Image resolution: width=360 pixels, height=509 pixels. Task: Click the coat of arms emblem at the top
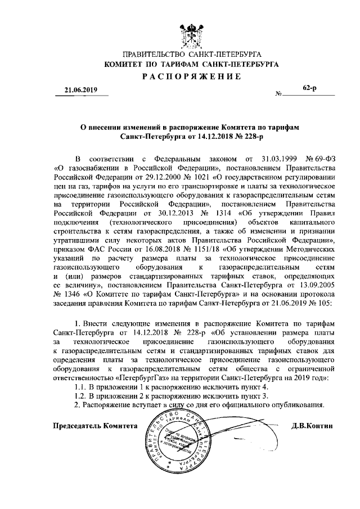[x=191, y=31]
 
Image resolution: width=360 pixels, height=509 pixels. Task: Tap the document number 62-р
[x=309, y=89]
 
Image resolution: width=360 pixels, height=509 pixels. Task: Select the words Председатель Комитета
[x=95, y=426]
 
